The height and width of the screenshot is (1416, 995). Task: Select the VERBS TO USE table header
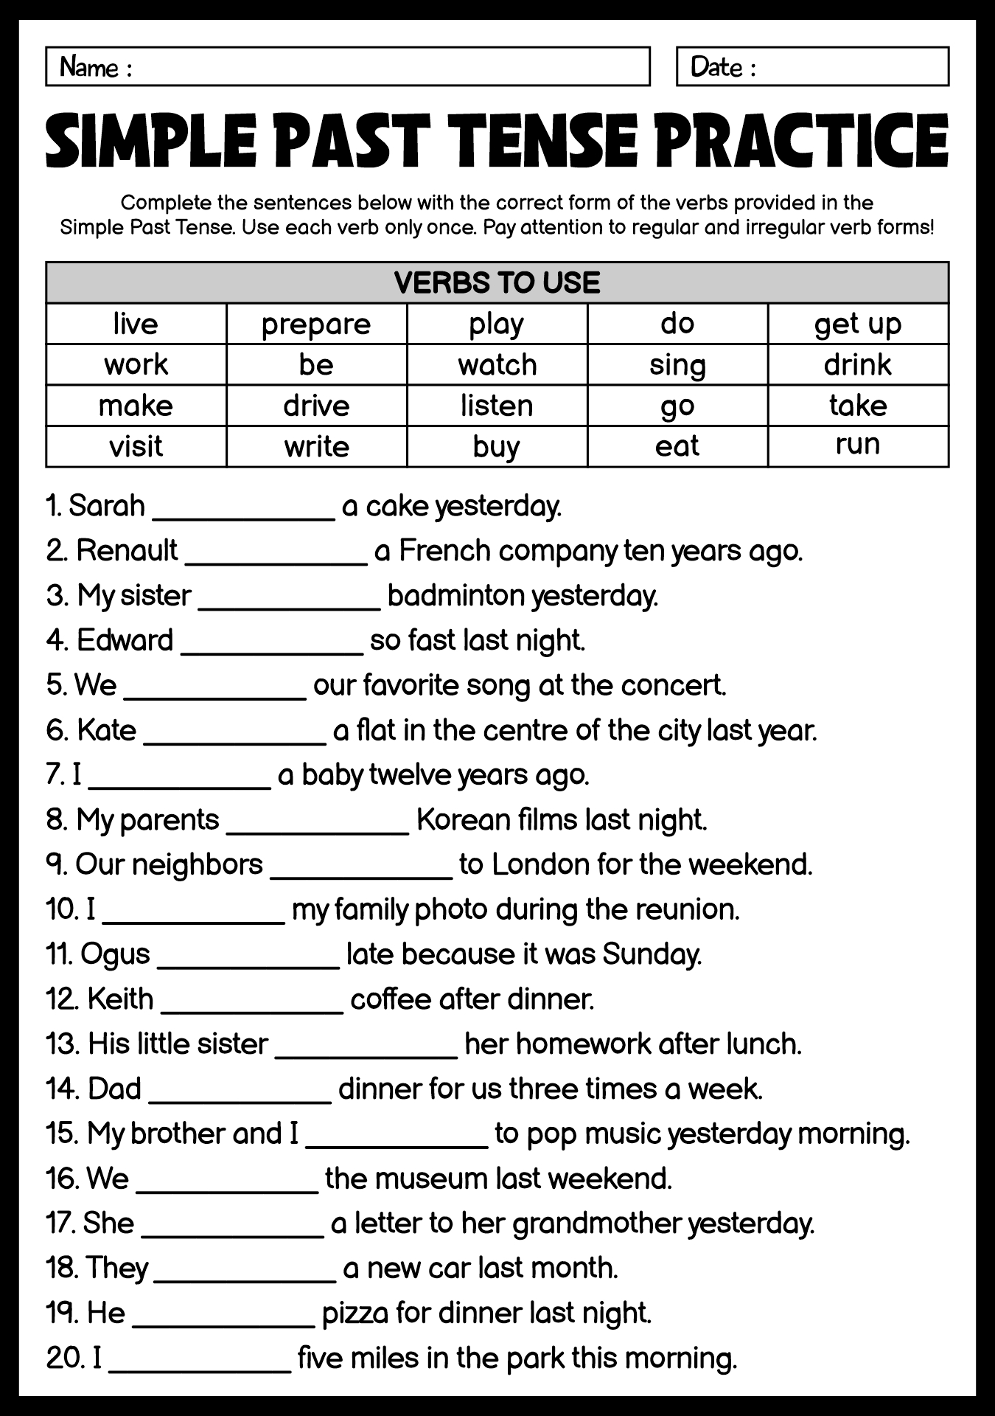497,282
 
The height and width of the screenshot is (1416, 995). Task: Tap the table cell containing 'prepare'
316,324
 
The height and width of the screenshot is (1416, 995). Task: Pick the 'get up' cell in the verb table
858,324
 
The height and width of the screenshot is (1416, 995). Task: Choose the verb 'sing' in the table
677,365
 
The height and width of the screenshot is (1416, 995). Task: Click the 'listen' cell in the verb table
497,406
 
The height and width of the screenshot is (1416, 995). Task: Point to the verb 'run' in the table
858,444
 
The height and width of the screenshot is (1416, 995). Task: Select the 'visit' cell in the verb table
136,446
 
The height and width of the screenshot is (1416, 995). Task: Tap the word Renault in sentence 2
127,550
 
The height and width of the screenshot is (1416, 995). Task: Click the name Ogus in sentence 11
115,954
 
